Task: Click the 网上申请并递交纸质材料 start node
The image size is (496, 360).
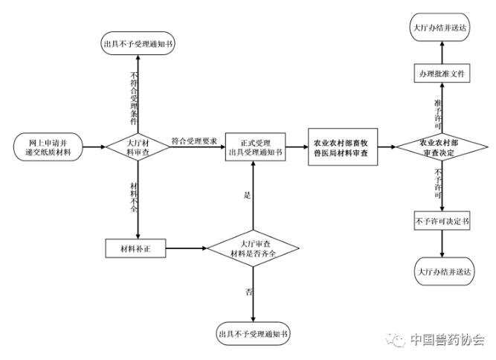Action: click(x=48, y=147)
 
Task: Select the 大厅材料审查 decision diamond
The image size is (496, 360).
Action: click(x=138, y=147)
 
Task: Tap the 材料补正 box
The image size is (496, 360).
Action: click(x=135, y=248)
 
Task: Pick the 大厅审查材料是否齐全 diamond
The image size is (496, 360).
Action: click(x=253, y=248)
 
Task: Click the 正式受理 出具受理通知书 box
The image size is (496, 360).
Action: click(x=255, y=147)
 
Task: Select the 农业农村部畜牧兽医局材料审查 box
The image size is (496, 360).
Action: click(x=343, y=147)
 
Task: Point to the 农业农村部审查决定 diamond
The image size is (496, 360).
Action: click(x=442, y=147)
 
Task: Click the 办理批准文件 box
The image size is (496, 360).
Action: click(x=442, y=74)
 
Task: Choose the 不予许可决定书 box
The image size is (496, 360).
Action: click(x=442, y=221)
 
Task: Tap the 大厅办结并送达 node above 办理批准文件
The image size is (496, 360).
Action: click(x=440, y=28)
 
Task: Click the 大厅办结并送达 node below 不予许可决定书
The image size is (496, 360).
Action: click(x=444, y=271)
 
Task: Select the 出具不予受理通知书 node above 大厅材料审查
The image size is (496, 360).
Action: click(x=138, y=43)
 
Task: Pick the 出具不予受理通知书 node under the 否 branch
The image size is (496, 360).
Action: click(x=253, y=334)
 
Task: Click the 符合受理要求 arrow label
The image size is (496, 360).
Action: click(x=194, y=141)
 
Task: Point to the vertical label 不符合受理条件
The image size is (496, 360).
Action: click(x=134, y=98)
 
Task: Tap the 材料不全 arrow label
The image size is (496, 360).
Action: click(x=134, y=197)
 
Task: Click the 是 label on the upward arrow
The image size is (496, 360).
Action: click(x=247, y=195)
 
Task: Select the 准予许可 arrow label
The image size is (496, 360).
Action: click(x=438, y=114)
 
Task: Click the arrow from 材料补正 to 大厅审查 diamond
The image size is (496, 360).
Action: click(x=187, y=248)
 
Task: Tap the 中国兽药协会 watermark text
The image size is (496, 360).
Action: click(x=447, y=339)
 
